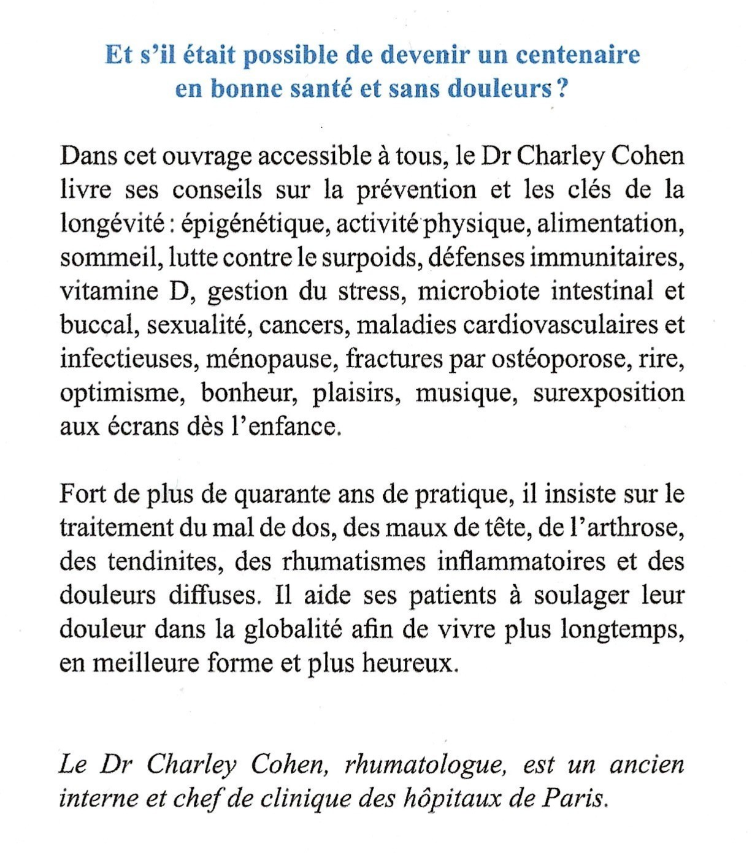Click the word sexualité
[196, 325]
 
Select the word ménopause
[270, 359]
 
